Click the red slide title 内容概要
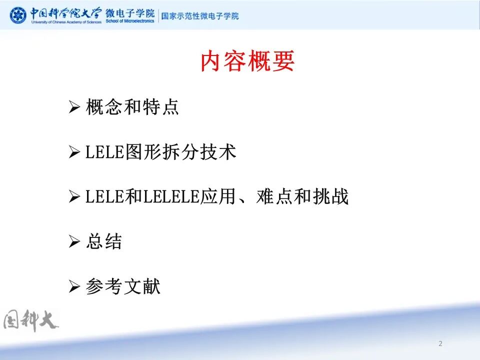(x=247, y=62)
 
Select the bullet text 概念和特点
(x=132, y=107)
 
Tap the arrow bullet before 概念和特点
(x=74, y=107)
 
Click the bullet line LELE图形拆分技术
(x=160, y=152)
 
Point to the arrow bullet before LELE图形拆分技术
(x=74, y=152)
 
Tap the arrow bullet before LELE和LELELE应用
(x=74, y=197)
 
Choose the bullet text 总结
(x=104, y=242)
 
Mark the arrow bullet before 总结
(x=74, y=242)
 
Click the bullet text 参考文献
(x=123, y=287)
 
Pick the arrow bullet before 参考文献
(x=74, y=287)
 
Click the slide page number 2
(x=440, y=343)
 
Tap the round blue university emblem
(x=18, y=15)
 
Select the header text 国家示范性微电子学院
(x=200, y=16)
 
